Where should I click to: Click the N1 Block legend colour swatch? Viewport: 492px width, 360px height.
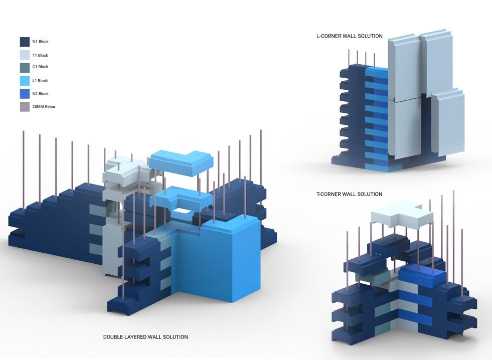point(25,42)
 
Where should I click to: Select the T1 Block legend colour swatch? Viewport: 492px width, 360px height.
point(25,55)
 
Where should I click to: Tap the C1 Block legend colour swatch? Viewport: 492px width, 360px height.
point(25,67)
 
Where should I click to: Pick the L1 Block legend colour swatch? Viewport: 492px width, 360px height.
point(25,80)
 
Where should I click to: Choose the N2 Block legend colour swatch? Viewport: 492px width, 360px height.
point(25,94)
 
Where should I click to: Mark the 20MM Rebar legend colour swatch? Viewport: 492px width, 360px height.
point(25,107)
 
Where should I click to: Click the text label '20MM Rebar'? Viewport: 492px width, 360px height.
point(44,107)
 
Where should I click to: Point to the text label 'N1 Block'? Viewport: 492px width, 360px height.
point(41,42)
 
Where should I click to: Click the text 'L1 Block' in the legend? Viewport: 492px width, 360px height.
point(40,80)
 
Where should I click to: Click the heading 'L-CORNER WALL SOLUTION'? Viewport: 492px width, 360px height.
point(349,36)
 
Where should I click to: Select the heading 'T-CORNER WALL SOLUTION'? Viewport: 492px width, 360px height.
point(349,194)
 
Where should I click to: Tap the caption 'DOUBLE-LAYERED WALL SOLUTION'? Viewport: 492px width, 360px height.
point(145,337)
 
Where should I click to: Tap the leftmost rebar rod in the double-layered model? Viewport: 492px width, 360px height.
point(24,165)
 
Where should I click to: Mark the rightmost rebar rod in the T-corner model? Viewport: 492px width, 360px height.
point(462,261)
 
